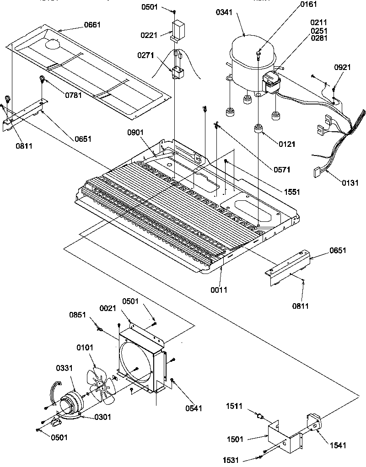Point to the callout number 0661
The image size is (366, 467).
coord(92,25)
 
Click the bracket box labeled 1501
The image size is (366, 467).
coord(284,435)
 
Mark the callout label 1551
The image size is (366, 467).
coord(291,192)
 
